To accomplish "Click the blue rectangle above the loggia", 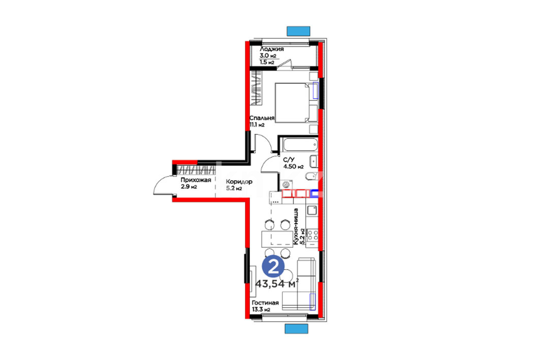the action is [x=298, y=31].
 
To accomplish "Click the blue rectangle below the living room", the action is [x=296, y=329].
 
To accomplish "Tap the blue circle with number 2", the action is [x=273, y=267].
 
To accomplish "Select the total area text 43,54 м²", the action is [x=276, y=284].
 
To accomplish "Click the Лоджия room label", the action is [x=272, y=49].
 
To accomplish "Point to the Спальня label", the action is [x=262, y=118].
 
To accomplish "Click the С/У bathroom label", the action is [x=289, y=160].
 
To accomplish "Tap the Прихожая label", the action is [x=196, y=180].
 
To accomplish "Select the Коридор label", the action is [x=239, y=181].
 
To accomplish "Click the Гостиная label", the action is [x=265, y=303].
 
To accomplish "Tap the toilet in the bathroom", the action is [x=311, y=176].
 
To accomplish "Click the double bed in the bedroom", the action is [x=296, y=103].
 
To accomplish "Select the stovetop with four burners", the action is [x=313, y=235].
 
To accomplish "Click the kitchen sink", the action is [x=312, y=210].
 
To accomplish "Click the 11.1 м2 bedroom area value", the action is [x=257, y=124].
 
